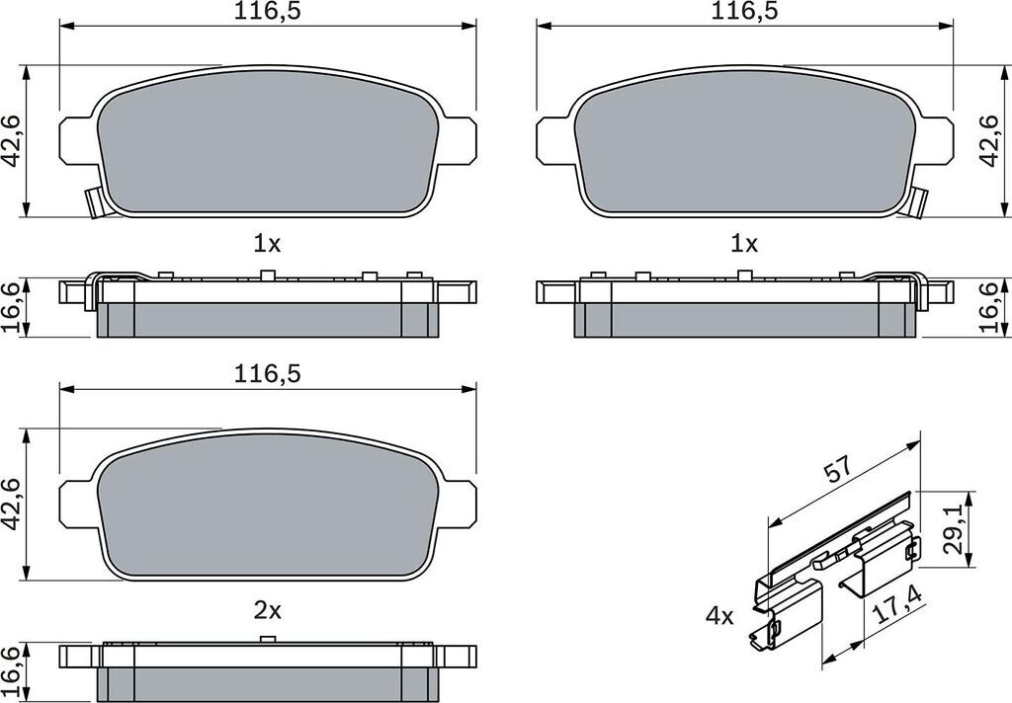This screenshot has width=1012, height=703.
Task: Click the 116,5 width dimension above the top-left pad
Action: tap(267, 12)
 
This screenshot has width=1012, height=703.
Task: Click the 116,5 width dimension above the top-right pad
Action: tap(744, 12)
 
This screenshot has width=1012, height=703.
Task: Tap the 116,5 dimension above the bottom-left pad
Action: tap(267, 375)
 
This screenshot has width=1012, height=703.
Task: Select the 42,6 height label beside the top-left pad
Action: tap(12, 141)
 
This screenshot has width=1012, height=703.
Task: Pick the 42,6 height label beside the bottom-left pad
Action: tap(12, 505)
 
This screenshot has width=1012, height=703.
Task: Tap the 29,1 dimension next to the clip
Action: tap(954, 529)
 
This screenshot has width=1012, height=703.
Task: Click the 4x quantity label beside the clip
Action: tap(719, 616)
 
